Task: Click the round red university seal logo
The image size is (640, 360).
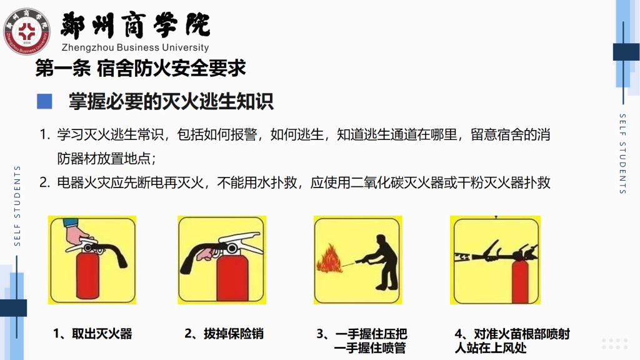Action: (26, 31)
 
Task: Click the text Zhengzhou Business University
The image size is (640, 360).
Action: (135, 47)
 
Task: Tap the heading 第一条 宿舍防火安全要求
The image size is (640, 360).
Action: (141, 68)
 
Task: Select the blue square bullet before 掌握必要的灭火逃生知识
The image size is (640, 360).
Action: (44, 102)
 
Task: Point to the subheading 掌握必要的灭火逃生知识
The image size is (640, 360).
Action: (171, 102)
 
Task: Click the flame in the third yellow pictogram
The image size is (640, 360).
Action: (330, 258)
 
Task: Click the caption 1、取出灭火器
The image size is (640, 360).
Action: (92, 334)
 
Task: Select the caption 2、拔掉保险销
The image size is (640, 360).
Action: (224, 334)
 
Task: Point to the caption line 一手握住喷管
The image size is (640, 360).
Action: (370, 348)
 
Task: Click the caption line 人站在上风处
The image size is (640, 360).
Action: (491, 348)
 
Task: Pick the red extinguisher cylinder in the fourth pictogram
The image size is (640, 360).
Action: (520, 282)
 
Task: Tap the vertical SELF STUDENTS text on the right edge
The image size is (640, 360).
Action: (622, 154)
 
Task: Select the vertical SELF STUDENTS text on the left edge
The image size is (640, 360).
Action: (17, 206)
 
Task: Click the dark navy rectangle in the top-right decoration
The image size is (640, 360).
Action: (626, 52)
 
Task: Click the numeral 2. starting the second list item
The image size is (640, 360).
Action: (44, 182)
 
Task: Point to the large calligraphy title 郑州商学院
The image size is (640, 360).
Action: (135, 25)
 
